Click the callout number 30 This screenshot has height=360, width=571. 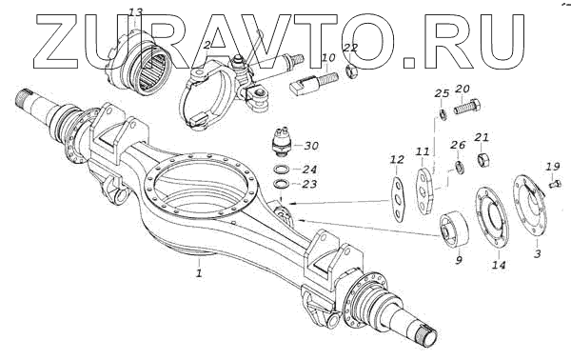point(311,146)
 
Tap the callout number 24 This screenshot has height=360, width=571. point(309,170)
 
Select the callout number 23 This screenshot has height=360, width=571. point(309,185)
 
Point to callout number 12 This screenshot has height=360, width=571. point(397,160)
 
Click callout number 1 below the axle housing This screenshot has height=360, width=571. point(199,273)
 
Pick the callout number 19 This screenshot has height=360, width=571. point(553,167)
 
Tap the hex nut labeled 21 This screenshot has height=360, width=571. point(483,159)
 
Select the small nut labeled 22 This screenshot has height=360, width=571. point(352,70)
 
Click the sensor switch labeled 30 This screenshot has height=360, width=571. point(283,142)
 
